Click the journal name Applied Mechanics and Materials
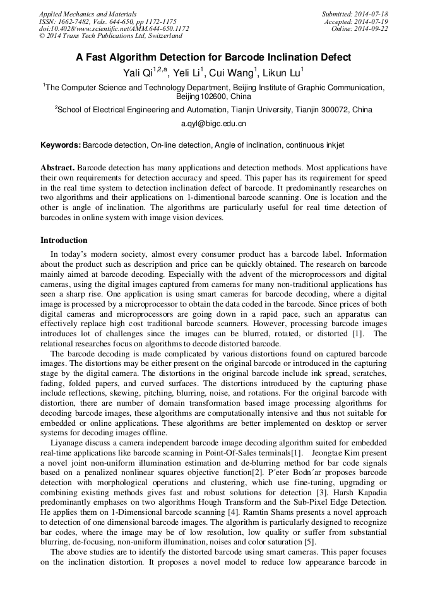point(87,14)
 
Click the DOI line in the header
point(114,29)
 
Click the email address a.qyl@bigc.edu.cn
point(213,124)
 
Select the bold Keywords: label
point(61,145)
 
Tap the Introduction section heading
point(64,240)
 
